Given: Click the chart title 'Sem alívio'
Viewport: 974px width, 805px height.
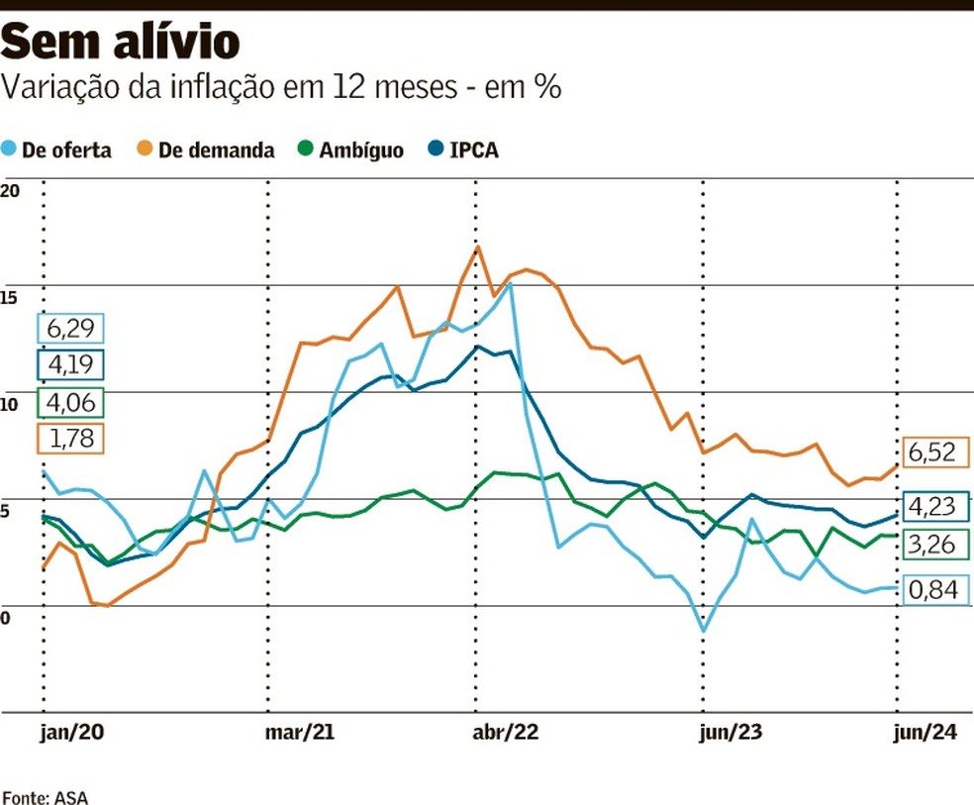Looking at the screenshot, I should tap(121, 43).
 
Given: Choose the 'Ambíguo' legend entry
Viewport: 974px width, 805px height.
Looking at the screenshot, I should tap(350, 151).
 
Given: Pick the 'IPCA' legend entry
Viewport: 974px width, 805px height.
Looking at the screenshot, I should tap(461, 151).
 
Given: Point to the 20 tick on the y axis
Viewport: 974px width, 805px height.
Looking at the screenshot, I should tap(11, 191).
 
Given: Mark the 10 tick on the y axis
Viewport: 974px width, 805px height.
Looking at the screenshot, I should tap(11, 405).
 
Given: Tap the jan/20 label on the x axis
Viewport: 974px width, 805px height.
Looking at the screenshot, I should tap(72, 734).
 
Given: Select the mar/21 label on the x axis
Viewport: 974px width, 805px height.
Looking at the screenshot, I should tap(300, 734).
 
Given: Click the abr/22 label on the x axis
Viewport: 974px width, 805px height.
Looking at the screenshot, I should tap(506, 734).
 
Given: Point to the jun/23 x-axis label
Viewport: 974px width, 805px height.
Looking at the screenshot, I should tap(730, 734).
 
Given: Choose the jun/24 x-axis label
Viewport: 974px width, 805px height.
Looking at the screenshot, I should tap(925, 734).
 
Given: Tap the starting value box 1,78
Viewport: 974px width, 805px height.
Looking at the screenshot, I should tap(70, 439).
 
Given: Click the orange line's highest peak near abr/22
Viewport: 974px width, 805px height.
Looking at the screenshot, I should tap(477, 247).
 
